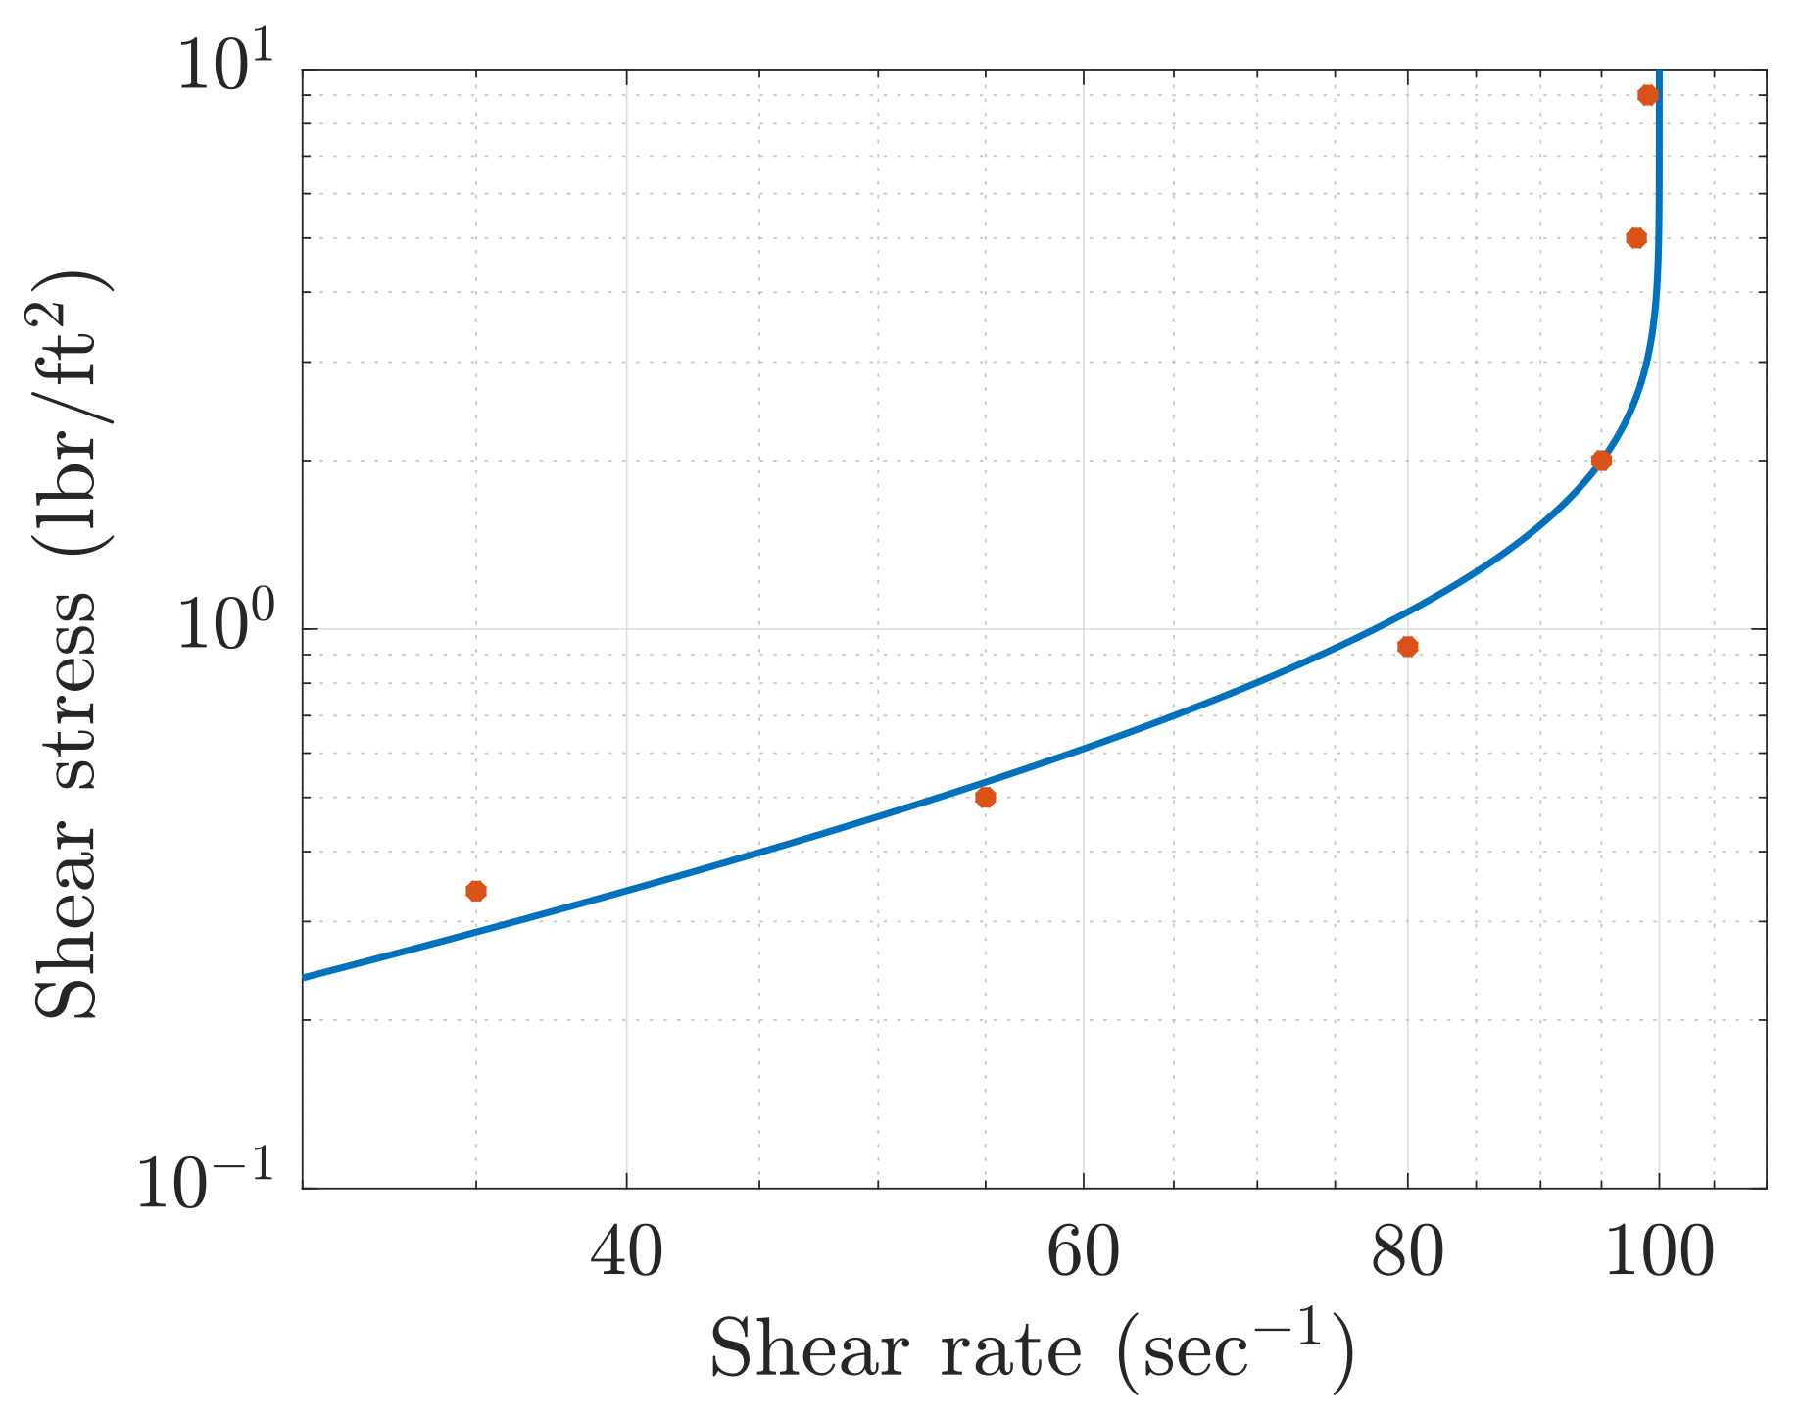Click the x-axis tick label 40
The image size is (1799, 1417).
[x=626, y=1253]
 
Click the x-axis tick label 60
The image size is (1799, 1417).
[x=1084, y=1253]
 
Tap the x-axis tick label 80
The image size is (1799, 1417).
[x=1407, y=1253]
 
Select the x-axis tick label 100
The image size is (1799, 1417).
[x=1658, y=1253]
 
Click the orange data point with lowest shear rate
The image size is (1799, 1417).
[x=476, y=891]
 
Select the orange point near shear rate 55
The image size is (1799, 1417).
[x=986, y=797]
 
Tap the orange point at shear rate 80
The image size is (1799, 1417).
[x=1408, y=646]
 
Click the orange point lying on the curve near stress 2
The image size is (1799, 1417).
[x=1601, y=461]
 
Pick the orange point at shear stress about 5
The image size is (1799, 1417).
[x=1636, y=238]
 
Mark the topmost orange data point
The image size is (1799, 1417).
[x=1648, y=95]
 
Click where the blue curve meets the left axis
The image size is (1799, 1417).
[x=305, y=977]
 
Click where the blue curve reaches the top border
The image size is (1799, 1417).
[x=1658, y=72]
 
